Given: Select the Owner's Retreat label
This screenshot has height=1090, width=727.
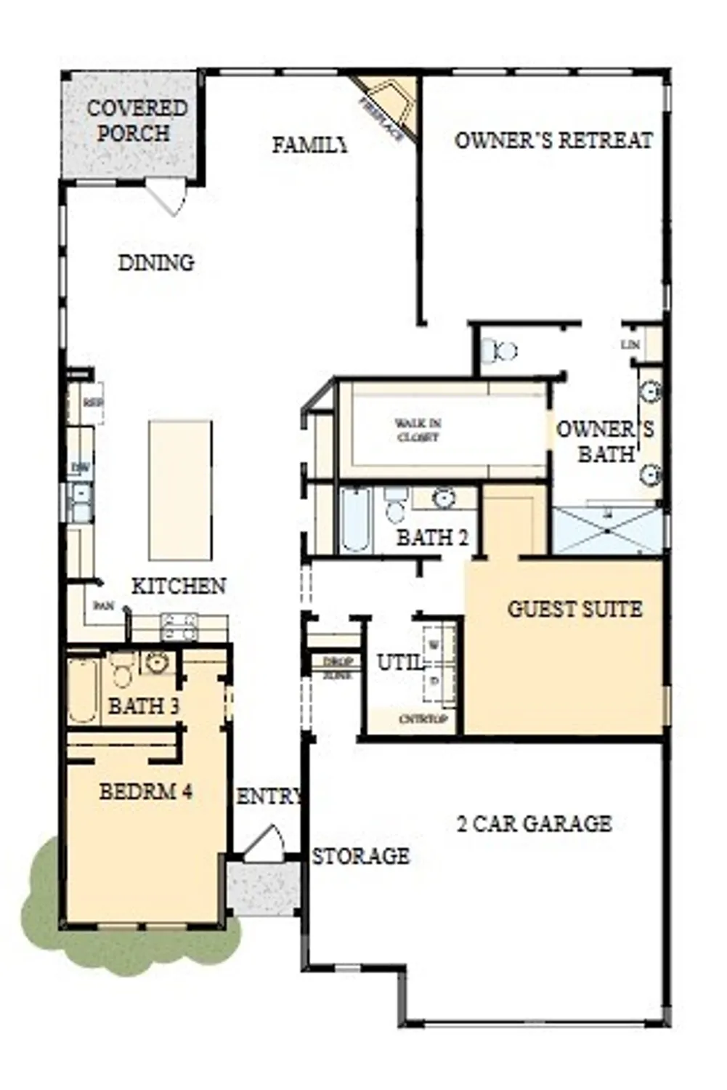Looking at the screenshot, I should click(x=553, y=140).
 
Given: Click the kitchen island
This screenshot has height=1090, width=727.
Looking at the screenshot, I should click(x=180, y=490).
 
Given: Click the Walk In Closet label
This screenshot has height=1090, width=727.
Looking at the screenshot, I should click(x=418, y=430).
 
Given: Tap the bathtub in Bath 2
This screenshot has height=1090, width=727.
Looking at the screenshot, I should click(x=356, y=520).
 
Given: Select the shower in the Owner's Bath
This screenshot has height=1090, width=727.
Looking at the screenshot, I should click(x=606, y=531).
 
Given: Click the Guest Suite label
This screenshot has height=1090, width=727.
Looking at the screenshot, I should click(x=574, y=609).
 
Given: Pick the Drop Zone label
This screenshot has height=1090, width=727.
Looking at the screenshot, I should click(x=337, y=668).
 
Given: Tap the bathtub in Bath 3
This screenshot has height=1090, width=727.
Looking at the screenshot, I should click(x=83, y=690).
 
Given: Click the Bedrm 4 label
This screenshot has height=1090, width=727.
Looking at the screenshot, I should click(x=146, y=791).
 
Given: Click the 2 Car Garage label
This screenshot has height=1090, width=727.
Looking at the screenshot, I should click(x=534, y=823).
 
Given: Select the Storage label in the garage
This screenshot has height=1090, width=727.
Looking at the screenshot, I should click(x=360, y=856).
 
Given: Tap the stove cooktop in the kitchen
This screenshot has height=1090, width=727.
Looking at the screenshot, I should click(x=179, y=626).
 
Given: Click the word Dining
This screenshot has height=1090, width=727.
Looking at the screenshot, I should click(x=156, y=262).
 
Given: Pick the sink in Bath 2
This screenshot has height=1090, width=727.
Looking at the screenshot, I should click(x=443, y=499).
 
